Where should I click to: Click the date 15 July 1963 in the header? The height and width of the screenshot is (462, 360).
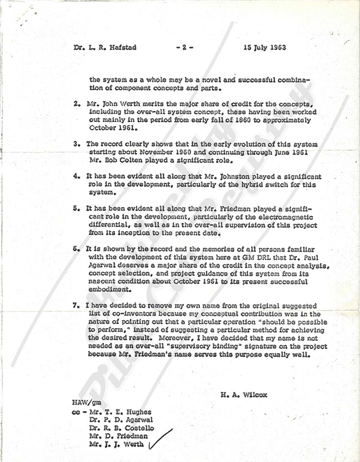[x=264, y=48]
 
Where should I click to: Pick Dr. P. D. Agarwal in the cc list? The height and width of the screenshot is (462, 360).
[x=121, y=420]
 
